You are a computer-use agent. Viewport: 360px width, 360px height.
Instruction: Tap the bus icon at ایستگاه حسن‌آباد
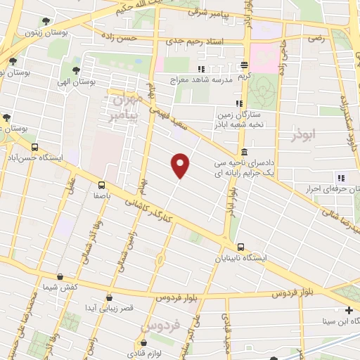point(35,147)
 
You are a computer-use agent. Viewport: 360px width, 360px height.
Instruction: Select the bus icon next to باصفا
point(103,186)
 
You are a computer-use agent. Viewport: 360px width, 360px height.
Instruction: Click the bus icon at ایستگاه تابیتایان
point(241,247)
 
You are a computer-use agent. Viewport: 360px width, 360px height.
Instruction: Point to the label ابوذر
point(303,133)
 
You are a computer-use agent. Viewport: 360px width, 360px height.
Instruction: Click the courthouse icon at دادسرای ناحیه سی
point(243,152)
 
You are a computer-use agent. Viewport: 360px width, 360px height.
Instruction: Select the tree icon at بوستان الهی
point(75,70)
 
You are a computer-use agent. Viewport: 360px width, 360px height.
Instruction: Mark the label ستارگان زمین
point(236,113)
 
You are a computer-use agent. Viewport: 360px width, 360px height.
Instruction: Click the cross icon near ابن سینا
point(349,310)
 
